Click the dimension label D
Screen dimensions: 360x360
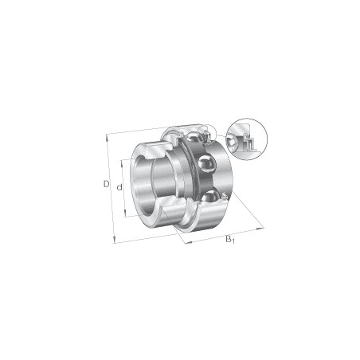click(106, 184)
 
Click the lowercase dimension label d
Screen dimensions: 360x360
click(119, 187)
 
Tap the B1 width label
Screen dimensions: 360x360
click(230, 239)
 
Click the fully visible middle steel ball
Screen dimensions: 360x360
click(207, 164)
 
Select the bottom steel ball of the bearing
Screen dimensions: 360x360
click(210, 197)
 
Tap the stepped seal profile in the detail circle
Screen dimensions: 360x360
click(248, 143)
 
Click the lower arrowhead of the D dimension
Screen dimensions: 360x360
click(115, 241)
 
